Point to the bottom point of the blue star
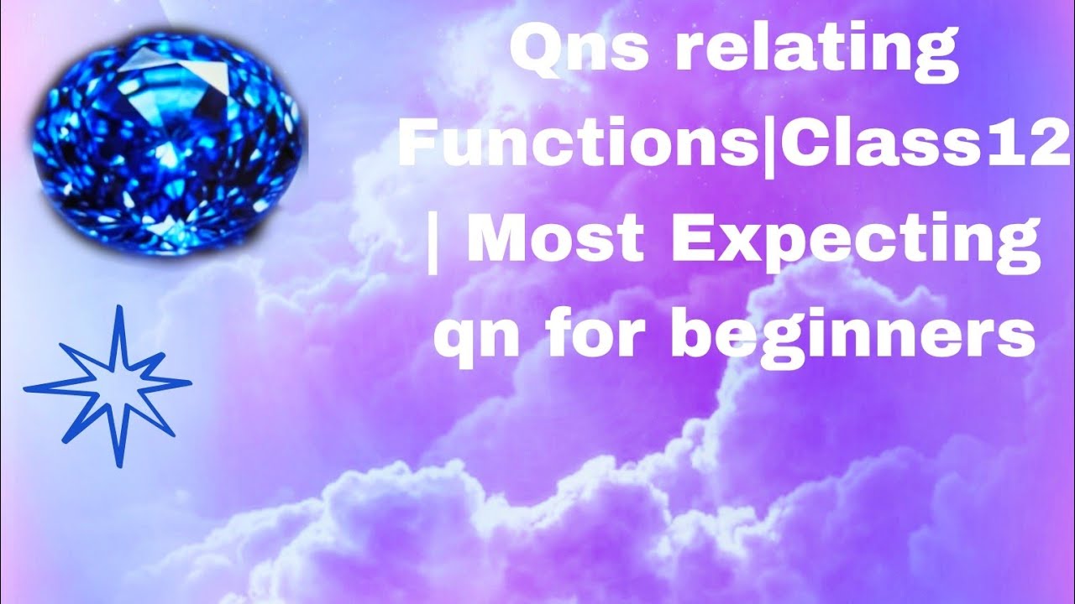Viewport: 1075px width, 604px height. click(117, 465)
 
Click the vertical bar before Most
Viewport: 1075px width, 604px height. click(433, 239)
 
